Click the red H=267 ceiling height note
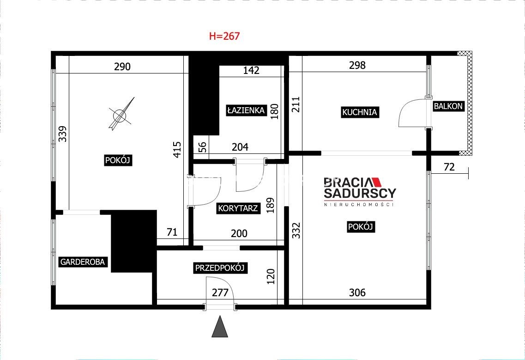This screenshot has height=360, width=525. [x=224, y=36]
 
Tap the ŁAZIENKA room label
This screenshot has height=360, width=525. [x=246, y=110]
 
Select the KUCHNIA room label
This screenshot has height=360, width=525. [x=360, y=112]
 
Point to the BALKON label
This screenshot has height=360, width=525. [x=448, y=106]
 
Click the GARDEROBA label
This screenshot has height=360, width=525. [x=83, y=262]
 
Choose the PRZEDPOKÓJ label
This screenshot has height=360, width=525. [x=220, y=268]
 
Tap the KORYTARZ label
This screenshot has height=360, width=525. [x=238, y=208]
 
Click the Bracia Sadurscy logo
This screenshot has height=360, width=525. [x=360, y=192]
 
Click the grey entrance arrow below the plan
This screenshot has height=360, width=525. [x=220, y=326]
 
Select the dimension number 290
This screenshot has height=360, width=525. [x=122, y=67]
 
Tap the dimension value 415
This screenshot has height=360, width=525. [x=177, y=149]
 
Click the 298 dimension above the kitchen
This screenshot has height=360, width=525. [x=357, y=65]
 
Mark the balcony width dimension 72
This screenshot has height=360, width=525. [x=449, y=166]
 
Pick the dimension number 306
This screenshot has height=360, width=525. [x=357, y=293]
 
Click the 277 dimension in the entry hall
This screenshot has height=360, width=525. [x=220, y=293]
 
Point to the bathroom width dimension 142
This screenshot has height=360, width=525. [x=251, y=70]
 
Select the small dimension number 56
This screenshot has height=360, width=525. [x=203, y=147]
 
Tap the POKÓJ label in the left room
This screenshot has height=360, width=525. [x=118, y=160]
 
